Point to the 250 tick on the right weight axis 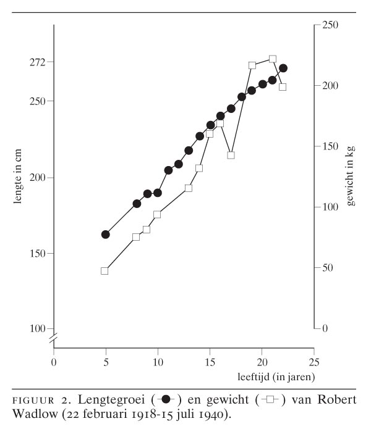(329, 25)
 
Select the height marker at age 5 (105, 235)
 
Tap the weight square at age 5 (104, 271)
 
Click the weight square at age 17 (231, 156)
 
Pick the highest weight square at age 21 (273, 59)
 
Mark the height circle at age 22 (283, 69)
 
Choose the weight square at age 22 (283, 87)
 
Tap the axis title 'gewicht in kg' (351, 177)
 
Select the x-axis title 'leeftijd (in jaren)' (276, 375)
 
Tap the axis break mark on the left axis (54, 338)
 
